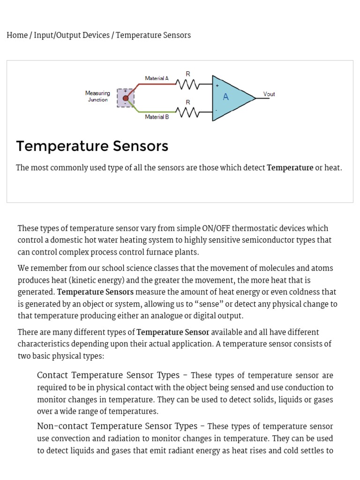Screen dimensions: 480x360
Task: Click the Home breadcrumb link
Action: (x=17, y=35)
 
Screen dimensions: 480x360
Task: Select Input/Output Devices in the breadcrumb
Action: (x=71, y=35)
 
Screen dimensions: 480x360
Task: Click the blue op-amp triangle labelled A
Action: (x=230, y=97)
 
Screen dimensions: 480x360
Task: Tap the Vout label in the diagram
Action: (x=269, y=94)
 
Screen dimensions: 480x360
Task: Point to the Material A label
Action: (x=157, y=78)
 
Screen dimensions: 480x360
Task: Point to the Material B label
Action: (x=157, y=117)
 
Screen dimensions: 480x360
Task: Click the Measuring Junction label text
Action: (x=97, y=96)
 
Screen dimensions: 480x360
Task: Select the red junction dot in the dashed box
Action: (x=125, y=98)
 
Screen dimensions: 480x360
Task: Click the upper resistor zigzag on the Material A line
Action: (x=187, y=84)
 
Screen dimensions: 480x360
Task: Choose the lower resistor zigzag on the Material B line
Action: (x=187, y=112)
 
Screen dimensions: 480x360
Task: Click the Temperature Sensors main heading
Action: (x=92, y=146)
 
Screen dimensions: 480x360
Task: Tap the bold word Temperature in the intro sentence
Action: (x=290, y=168)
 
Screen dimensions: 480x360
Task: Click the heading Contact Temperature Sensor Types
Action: (x=108, y=375)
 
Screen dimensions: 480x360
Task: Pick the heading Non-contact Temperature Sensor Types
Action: (x=117, y=427)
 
